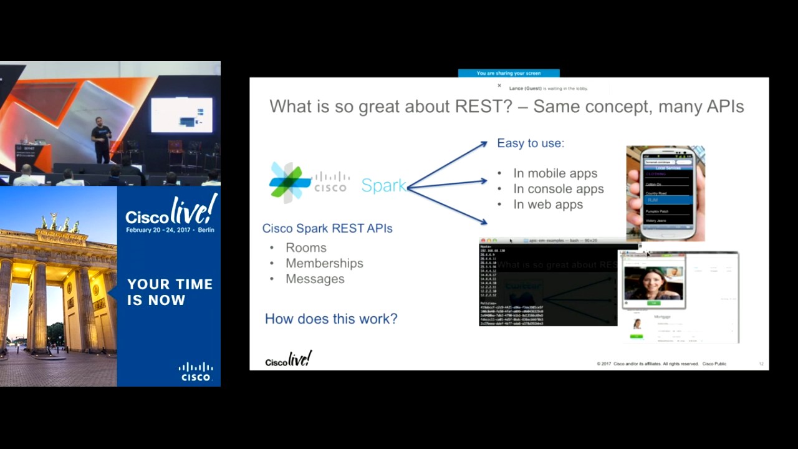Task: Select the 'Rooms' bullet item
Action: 305,248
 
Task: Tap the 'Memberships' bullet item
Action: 324,263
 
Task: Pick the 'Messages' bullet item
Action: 315,279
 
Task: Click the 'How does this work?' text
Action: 331,319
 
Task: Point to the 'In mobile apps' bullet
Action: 555,173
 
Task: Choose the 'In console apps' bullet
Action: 558,189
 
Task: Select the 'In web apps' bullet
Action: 548,205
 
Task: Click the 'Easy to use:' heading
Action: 531,143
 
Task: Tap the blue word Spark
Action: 383,185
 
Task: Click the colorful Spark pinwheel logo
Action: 289,182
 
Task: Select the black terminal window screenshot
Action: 547,284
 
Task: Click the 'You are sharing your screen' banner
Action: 509,73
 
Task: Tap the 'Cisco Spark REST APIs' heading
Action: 327,228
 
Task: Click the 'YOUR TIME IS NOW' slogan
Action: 170,292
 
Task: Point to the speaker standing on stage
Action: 100,138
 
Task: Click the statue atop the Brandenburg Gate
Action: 60,223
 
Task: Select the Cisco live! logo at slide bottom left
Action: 288,360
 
